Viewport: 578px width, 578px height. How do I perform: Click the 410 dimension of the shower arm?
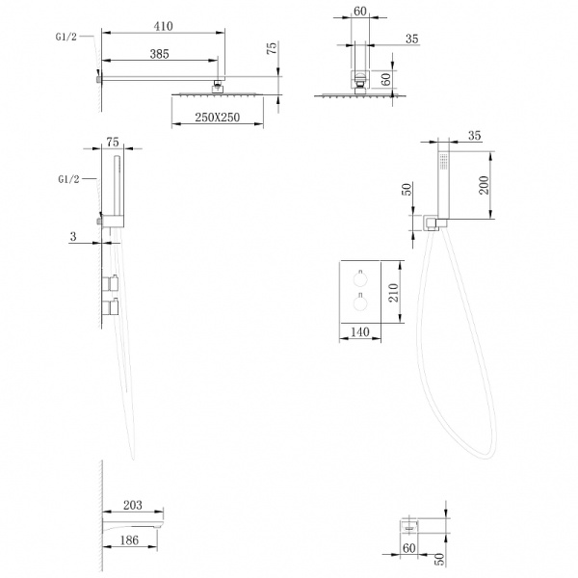pyautogui.click(x=163, y=26)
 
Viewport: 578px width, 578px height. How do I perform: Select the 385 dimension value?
pyautogui.click(x=159, y=54)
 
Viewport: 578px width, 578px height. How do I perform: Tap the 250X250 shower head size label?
pyautogui.click(x=217, y=118)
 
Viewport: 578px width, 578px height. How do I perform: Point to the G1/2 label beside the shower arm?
pyautogui.click(x=66, y=37)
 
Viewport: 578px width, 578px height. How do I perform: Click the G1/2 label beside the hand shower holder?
pyautogui.click(x=69, y=179)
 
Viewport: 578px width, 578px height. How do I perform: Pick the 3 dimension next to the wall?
pyautogui.click(x=73, y=236)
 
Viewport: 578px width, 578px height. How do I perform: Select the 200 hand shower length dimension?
pyautogui.click(x=484, y=185)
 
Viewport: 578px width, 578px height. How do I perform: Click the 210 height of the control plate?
pyautogui.click(x=394, y=292)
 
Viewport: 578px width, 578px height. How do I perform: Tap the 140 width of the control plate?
pyautogui.click(x=359, y=331)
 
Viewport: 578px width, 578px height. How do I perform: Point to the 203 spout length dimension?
pyautogui.click(x=132, y=505)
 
